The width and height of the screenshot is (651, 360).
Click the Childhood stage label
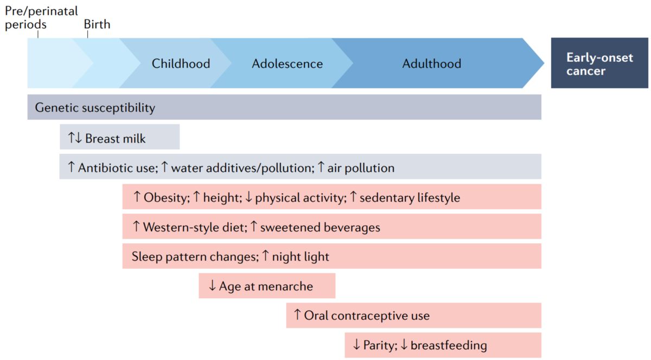[181, 63]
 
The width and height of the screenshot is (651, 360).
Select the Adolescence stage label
[287, 63]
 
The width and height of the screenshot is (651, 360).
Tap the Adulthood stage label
[432, 63]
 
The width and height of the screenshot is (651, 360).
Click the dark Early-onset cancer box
[599, 63]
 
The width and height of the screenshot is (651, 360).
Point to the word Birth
[97, 24]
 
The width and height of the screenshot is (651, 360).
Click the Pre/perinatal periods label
[41, 18]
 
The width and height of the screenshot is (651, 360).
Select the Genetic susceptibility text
[95, 107]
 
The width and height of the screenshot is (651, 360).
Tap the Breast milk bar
[120, 137]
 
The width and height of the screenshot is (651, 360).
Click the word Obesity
[167, 197]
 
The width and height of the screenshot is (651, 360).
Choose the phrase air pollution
[361, 168]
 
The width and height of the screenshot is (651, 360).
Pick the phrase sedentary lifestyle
[410, 197]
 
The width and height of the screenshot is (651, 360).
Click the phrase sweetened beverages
[320, 227]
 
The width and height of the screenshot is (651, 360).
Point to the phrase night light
[301, 257]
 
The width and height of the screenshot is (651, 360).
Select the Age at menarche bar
[267, 286]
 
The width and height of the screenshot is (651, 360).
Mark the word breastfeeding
[449, 345]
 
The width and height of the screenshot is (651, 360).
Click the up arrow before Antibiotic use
[71, 167]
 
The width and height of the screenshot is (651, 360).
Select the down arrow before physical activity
[249, 197]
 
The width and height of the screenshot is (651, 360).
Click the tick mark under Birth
[87, 34]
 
